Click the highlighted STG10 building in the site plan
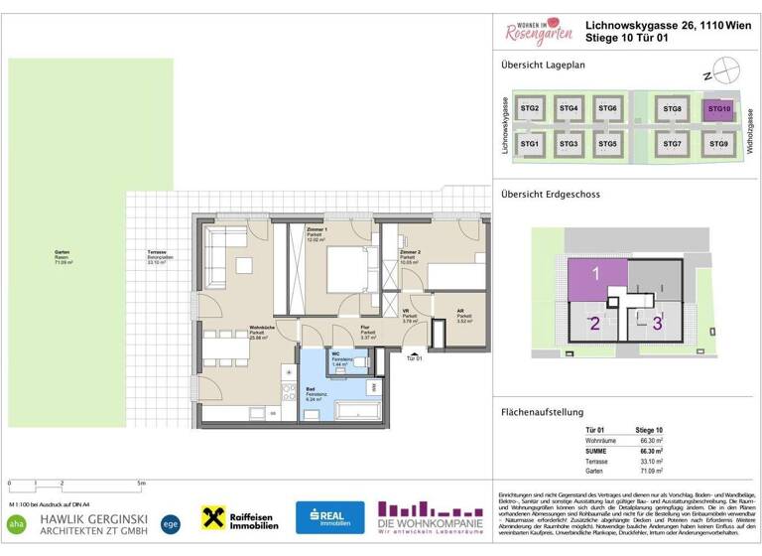coord(718,109)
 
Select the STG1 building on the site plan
coord(530,144)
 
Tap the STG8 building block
coord(673,109)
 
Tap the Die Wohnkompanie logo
coord(431,517)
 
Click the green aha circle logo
coord(16,521)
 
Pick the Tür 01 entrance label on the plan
coord(414,358)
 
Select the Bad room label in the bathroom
coord(310,389)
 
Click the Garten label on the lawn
coord(62,253)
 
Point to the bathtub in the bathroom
coord(357,409)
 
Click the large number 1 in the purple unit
coord(596,273)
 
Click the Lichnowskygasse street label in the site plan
coord(506,126)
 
